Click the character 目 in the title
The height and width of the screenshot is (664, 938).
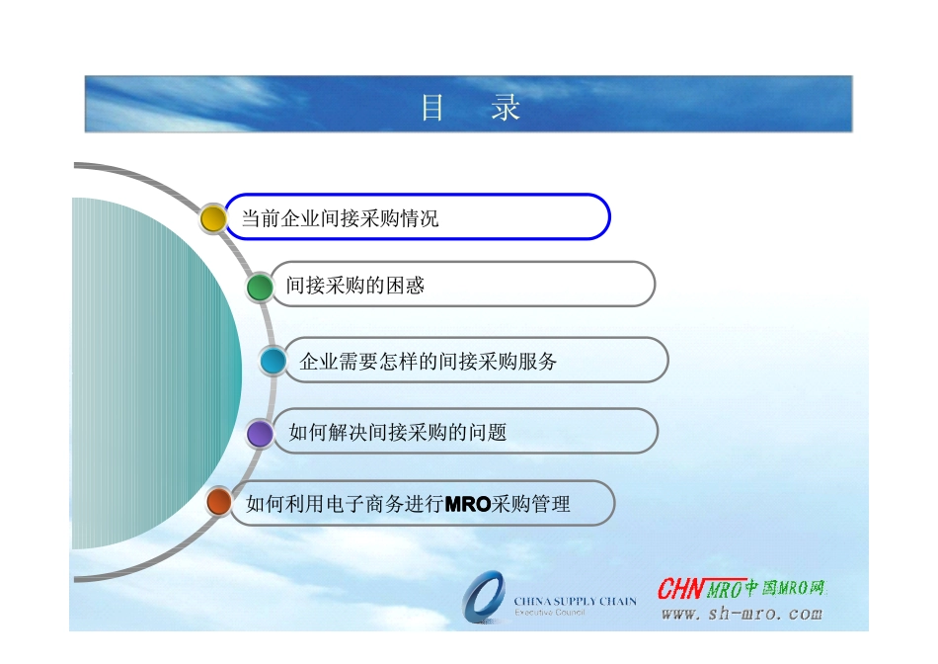tap(432, 107)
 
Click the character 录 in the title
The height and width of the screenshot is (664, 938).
tap(505, 107)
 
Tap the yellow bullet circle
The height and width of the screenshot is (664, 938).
tap(213, 218)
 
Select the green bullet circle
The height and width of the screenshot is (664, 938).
tap(260, 287)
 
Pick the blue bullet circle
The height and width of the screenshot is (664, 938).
tap(274, 361)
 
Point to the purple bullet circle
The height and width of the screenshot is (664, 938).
tap(260, 433)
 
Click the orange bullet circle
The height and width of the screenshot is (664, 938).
tap(219, 502)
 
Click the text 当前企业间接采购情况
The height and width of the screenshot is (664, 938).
tap(340, 218)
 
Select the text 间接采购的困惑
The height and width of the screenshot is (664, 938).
tap(354, 286)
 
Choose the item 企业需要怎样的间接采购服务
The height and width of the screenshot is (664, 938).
tap(428, 362)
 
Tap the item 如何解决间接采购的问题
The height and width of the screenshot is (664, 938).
tap(397, 432)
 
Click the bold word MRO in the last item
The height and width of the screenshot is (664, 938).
tap(468, 504)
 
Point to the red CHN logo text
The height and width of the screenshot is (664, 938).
tap(680, 589)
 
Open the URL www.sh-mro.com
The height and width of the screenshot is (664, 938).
tap(741, 614)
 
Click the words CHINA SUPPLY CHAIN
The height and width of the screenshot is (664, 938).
tap(575, 601)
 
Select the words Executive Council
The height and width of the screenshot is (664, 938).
tap(549, 613)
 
